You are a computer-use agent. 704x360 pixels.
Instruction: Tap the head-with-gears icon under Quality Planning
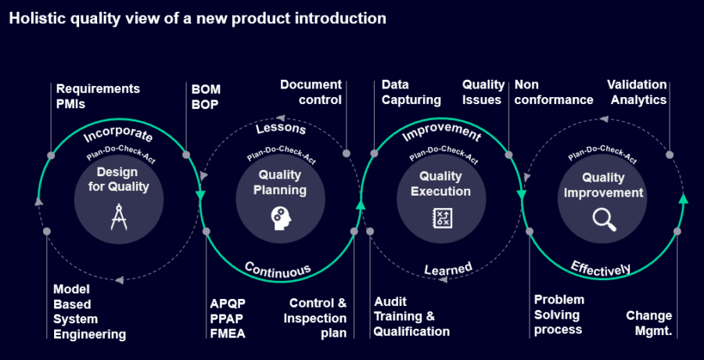click(x=280, y=217)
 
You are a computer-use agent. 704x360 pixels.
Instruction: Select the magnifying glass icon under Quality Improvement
click(x=603, y=218)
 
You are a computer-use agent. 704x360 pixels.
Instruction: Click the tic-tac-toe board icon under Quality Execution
click(x=441, y=218)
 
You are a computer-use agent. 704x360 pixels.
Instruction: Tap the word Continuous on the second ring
click(x=278, y=268)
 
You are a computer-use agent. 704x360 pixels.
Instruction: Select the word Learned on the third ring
click(x=448, y=269)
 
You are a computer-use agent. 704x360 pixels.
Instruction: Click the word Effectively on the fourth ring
click(x=600, y=268)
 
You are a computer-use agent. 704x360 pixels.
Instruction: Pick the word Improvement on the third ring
click(x=440, y=131)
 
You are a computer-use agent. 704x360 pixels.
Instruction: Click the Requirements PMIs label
click(x=98, y=96)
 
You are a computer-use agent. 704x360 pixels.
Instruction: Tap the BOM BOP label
click(x=205, y=96)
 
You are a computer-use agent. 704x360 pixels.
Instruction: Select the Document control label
click(x=311, y=92)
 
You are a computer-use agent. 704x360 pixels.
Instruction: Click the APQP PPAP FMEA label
click(x=228, y=319)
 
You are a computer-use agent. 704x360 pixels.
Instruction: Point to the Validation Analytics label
click(x=638, y=92)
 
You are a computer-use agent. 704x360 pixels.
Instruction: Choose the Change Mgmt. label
click(x=648, y=323)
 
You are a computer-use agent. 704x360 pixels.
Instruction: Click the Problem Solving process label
click(x=559, y=315)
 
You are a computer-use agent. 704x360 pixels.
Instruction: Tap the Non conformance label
click(x=553, y=92)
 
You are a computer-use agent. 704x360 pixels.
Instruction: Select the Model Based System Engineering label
click(x=89, y=311)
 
